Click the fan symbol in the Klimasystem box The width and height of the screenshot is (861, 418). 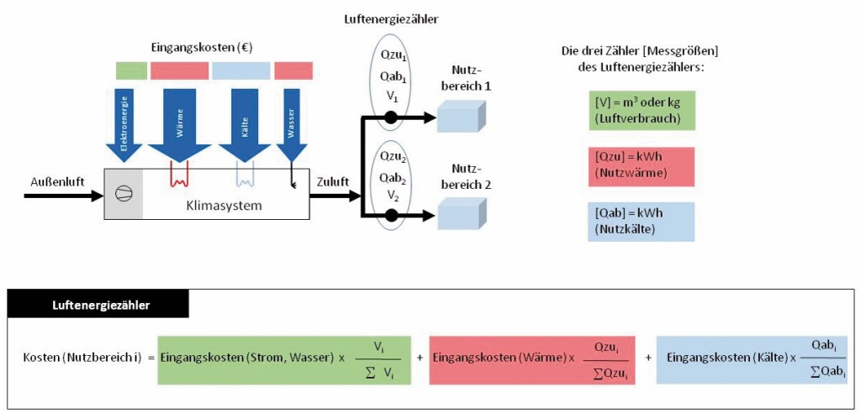pyautogui.click(x=123, y=193)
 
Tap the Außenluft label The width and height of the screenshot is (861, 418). pyautogui.click(x=50, y=180)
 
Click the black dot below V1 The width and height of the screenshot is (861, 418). pyautogui.click(x=390, y=119)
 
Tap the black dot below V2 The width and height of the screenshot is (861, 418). pyautogui.click(x=390, y=216)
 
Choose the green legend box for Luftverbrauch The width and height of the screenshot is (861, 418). pyautogui.click(x=640, y=109)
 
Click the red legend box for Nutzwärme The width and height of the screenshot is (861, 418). pyautogui.click(x=640, y=165)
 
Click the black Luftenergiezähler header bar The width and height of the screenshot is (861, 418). pyautogui.click(x=98, y=305)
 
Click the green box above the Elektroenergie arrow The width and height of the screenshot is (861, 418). pyautogui.click(x=130, y=71)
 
